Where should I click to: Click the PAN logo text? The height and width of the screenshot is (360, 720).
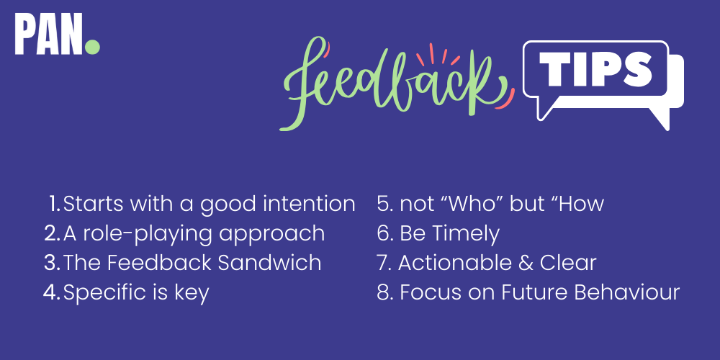(x=49, y=35)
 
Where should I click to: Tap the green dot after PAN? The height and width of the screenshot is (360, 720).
(x=92, y=47)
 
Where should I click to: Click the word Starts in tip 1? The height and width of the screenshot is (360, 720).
(x=91, y=204)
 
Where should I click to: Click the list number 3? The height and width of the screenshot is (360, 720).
(x=50, y=263)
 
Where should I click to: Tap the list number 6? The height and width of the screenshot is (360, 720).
(x=384, y=233)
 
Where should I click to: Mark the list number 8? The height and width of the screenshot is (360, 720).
(x=384, y=292)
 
